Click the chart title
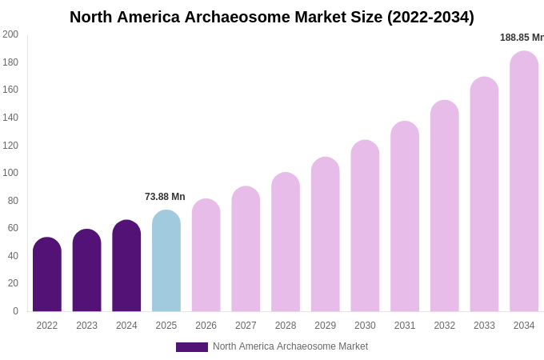[271, 17]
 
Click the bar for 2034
[524, 182]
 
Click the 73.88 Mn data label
[165, 197]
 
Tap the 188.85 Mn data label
[522, 38]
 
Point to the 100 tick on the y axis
[10, 173]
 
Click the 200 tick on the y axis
[10, 34]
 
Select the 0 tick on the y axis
[15, 311]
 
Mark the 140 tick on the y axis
[10, 118]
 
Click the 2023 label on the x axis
[86, 326]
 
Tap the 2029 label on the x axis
[325, 326]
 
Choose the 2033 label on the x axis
[484, 326]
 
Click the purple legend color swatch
[192, 347]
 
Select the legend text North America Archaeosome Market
[290, 346]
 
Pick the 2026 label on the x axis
[206, 326]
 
